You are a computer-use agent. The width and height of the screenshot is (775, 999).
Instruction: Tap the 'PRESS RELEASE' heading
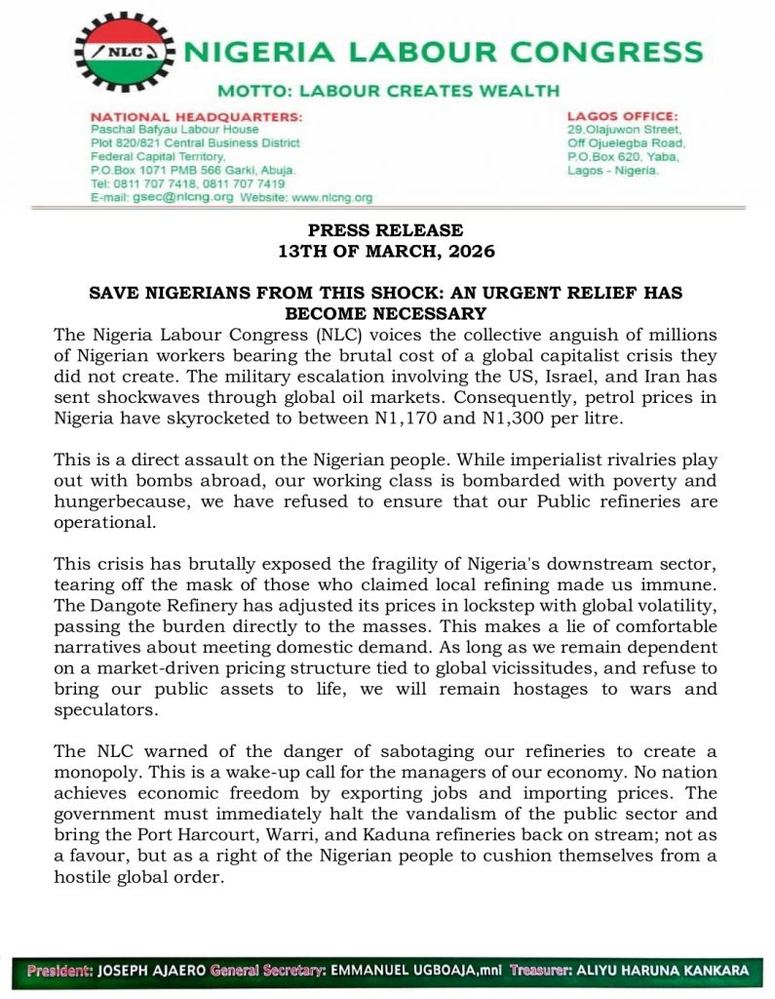(x=386, y=231)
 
